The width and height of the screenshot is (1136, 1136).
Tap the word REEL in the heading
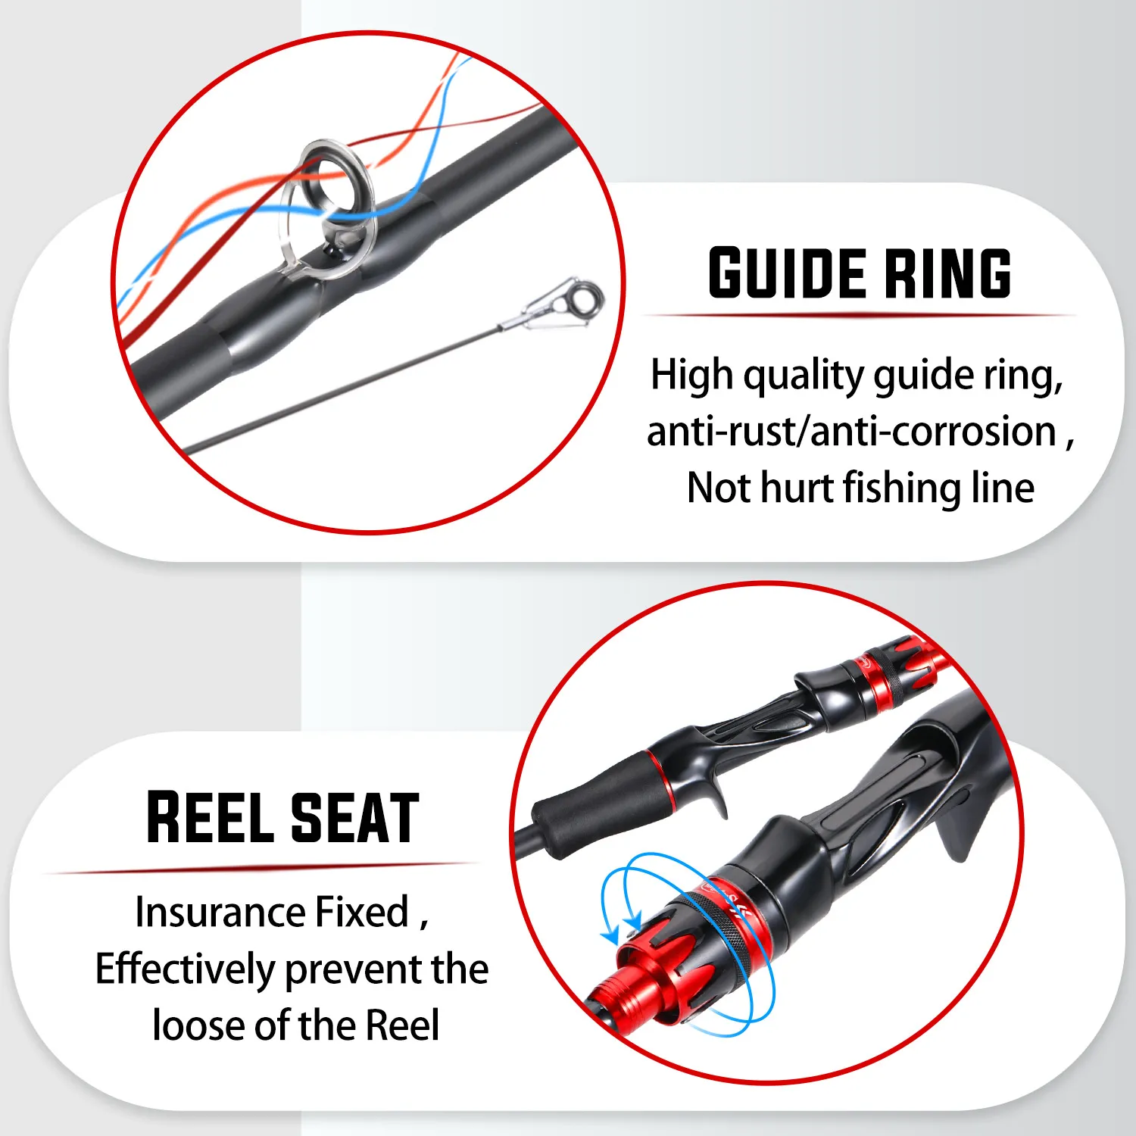[x=210, y=817]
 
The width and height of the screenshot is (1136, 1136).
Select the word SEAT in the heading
[x=354, y=817]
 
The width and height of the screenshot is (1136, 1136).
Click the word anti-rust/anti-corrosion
[x=851, y=432]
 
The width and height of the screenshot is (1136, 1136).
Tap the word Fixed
[x=361, y=912]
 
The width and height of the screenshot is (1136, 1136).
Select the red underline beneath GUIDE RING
[x=860, y=315]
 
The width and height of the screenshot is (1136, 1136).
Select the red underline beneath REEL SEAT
[x=261, y=867]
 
